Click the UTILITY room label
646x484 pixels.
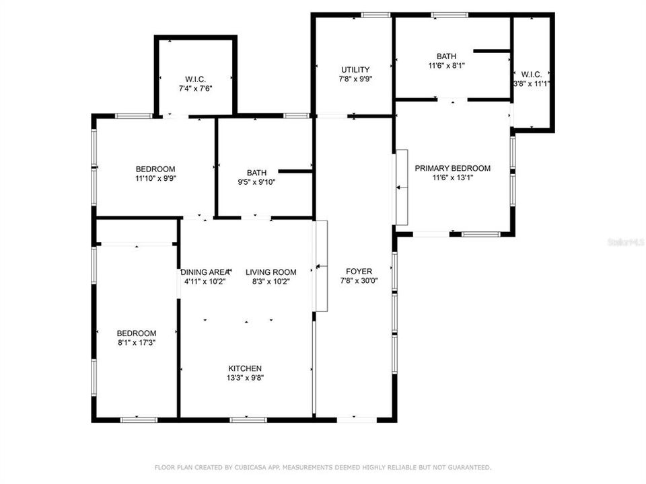355,70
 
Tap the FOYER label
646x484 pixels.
359,272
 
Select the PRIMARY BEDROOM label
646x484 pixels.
452,169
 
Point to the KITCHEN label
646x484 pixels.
245,368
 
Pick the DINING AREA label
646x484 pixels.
205,272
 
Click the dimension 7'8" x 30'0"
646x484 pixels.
359,281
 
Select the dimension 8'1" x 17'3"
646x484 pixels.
137,343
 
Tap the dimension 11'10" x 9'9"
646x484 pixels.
155,178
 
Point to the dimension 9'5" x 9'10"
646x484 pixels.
256,182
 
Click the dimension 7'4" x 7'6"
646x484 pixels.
196,87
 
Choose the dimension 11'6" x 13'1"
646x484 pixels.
452,178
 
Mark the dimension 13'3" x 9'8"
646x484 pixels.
245,378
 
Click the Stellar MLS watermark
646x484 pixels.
625,241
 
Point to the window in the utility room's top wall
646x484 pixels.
375,15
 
